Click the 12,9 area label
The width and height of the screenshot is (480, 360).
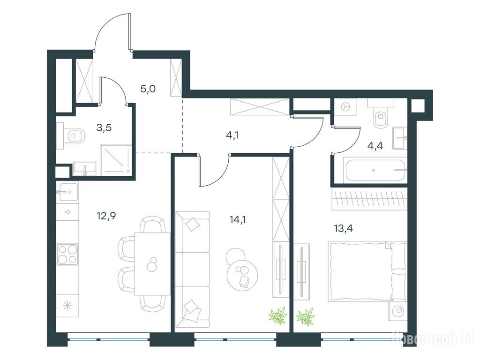click(106, 216)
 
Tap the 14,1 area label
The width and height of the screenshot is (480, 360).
click(238, 219)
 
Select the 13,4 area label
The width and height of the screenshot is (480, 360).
click(343, 228)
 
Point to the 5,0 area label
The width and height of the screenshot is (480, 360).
click(148, 89)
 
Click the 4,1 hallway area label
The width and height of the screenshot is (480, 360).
click(232, 135)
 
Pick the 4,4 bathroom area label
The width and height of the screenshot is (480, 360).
click(375, 146)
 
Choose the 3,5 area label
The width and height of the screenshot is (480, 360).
click(104, 127)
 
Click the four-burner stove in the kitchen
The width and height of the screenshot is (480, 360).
click(67, 255)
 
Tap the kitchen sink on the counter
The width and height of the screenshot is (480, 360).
click(67, 192)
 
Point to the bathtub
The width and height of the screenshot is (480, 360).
click(376, 170)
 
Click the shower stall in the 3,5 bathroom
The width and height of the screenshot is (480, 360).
click(116, 160)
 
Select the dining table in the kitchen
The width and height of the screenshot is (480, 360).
click(152, 263)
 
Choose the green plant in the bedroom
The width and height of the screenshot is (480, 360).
click(306, 316)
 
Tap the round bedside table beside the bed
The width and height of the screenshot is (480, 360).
click(398, 311)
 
